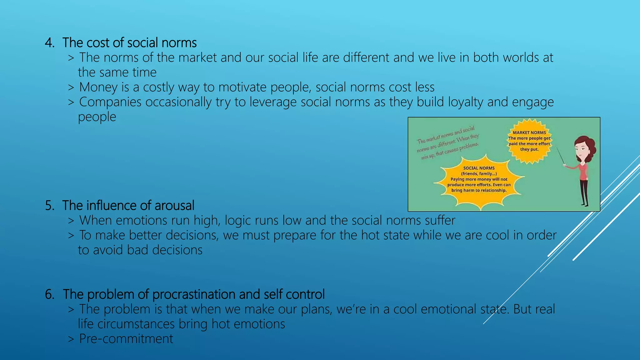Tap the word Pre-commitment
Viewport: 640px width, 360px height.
(126, 339)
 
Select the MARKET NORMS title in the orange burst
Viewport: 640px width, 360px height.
(529, 132)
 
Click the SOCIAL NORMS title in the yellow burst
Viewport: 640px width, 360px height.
(479, 168)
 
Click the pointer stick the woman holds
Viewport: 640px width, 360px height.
(561, 156)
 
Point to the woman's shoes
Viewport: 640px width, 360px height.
(584, 204)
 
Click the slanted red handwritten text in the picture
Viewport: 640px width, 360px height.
(448, 143)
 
